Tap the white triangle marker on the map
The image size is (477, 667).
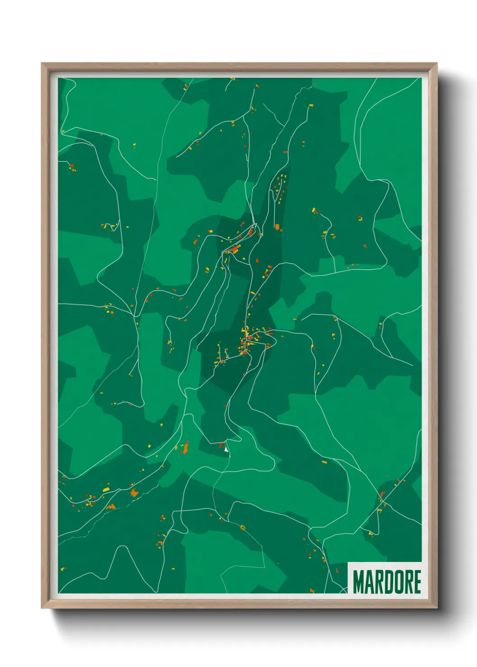tap(226, 448)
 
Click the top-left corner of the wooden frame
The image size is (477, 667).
tap(42, 64)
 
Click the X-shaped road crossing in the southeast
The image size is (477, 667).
tap(382, 501)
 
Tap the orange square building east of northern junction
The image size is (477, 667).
tap(277, 227)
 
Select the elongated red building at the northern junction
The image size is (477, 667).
tap(251, 232)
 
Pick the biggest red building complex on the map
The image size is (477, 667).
tap(234, 249)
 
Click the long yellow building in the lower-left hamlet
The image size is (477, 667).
tap(106, 489)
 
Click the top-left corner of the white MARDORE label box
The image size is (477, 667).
tap(348, 562)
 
